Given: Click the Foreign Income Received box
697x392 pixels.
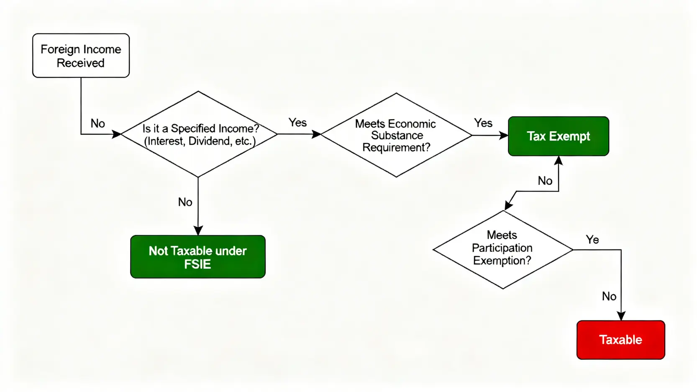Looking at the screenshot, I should [81, 56].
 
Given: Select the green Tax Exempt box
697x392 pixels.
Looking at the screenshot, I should [558, 136].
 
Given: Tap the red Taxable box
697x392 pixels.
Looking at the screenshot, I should [620, 340].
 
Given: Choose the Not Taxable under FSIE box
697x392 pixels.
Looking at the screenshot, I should [197, 257].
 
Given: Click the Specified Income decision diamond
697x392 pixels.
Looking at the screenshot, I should [199, 134].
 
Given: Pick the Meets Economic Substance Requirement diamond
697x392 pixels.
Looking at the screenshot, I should [396, 135].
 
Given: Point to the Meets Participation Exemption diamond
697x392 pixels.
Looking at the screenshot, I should [502, 249].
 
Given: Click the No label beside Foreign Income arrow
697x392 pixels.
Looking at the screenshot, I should [97, 123].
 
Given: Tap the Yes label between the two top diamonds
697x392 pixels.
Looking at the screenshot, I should [297, 123].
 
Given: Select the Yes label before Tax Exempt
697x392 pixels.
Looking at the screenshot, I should [483, 123].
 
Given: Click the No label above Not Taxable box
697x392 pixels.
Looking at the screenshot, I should [185, 202].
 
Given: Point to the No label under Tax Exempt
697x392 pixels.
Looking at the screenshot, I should [545, 181].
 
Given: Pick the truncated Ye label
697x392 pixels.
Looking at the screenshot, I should [592, 240].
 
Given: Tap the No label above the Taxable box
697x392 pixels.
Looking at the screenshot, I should [609, 296].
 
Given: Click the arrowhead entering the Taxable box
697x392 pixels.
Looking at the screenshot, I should [621, 316].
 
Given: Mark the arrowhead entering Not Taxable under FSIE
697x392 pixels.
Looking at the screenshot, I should [198, 231].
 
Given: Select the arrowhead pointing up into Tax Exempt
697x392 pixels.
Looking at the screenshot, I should [559, 161].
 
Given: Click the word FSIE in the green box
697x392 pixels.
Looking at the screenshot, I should [197, 264].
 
